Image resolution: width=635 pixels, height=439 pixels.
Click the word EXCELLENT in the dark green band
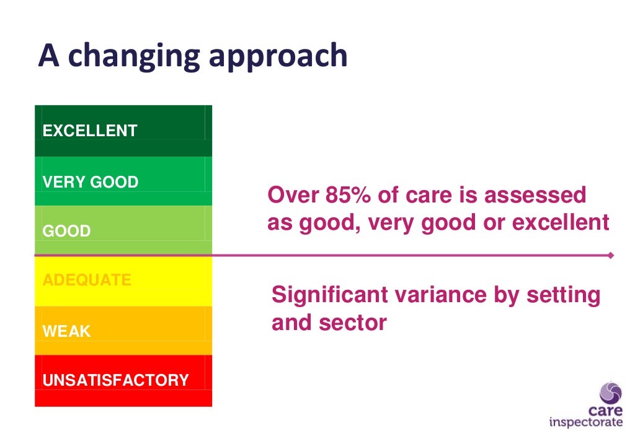(x=89, y=131)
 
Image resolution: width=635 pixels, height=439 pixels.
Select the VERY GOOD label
(x=90, y=182)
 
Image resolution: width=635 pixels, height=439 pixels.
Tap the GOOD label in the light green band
(x=66, y=232)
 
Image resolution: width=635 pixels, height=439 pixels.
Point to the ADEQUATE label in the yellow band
(x=86, y=280)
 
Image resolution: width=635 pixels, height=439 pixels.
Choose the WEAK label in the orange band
(x=66, y=331)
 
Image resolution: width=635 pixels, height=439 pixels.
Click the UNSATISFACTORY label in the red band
(x=115, y=380)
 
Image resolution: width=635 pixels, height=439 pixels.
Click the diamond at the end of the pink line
(x=611, y=255)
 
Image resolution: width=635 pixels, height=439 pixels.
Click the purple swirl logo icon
(x=611, y=393)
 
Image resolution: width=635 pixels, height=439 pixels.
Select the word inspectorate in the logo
(x=585, y=423)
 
